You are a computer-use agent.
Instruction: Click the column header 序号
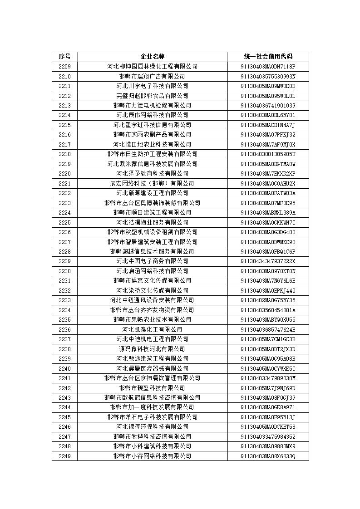pos(64,56)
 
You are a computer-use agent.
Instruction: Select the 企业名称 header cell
pos(152,56)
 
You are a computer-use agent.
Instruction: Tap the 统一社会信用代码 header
pos(268,56)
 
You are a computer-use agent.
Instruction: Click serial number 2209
pos(64,66)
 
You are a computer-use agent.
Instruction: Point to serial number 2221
pos(64,183)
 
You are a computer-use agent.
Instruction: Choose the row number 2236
pos(64,329)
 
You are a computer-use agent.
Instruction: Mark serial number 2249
pos(64,456)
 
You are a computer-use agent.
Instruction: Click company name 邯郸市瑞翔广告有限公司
pos(152,76)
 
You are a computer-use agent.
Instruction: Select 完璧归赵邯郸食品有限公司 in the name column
pos(152,96)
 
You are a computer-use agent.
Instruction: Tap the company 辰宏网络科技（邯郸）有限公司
pos(152,183)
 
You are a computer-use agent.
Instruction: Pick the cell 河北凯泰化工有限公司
pos(152,329)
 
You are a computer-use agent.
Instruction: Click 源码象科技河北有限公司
pos(152,349)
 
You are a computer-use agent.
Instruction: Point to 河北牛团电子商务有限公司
pos(152,261)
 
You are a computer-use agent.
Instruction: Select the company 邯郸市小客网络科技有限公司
pos(152,456)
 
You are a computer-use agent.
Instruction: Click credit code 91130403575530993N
pos(268,76)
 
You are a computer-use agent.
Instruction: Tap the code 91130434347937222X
pos(268,261)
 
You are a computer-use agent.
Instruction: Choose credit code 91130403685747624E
pos(268,329)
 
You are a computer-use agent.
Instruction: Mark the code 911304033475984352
pos(268,436)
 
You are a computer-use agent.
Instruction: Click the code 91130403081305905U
pos(268,154)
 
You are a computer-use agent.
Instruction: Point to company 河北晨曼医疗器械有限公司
pos(152,368)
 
